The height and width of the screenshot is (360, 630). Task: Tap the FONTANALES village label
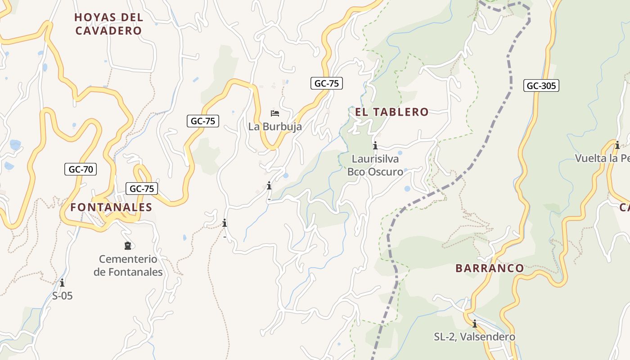tap(111, 207)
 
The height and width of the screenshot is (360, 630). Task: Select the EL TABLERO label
tap(392, 112)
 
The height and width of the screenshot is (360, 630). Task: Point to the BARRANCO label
tap(490, 269)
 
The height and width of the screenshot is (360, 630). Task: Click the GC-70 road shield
tap(81, 169)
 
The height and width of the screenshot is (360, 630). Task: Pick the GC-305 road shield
tap(541, 85)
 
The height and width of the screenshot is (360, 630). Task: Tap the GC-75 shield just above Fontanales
tap(142, 189)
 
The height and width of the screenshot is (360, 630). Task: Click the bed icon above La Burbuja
tap(275, 113)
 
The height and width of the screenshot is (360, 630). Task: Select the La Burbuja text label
tap(275, 127)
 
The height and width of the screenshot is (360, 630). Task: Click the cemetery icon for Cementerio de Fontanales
tap(128, 246)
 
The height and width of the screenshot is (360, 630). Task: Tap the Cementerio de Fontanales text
tap(128, 265)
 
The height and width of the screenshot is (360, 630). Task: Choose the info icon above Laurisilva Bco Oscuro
tap(375, 145)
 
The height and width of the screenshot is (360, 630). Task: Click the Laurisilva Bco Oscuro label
tap(375, 165)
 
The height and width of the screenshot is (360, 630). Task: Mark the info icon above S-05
tap(62, 283)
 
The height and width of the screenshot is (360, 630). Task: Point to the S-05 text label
tap(62, 296)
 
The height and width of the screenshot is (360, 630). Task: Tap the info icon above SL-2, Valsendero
tap(474, 324)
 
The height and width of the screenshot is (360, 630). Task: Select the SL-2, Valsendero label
tap(474, 337)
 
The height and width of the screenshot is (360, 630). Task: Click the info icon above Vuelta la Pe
tap(617, 145)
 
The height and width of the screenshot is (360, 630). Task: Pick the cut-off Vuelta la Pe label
tap(602, 158)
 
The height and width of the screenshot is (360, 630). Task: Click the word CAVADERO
tap(108, 31)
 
